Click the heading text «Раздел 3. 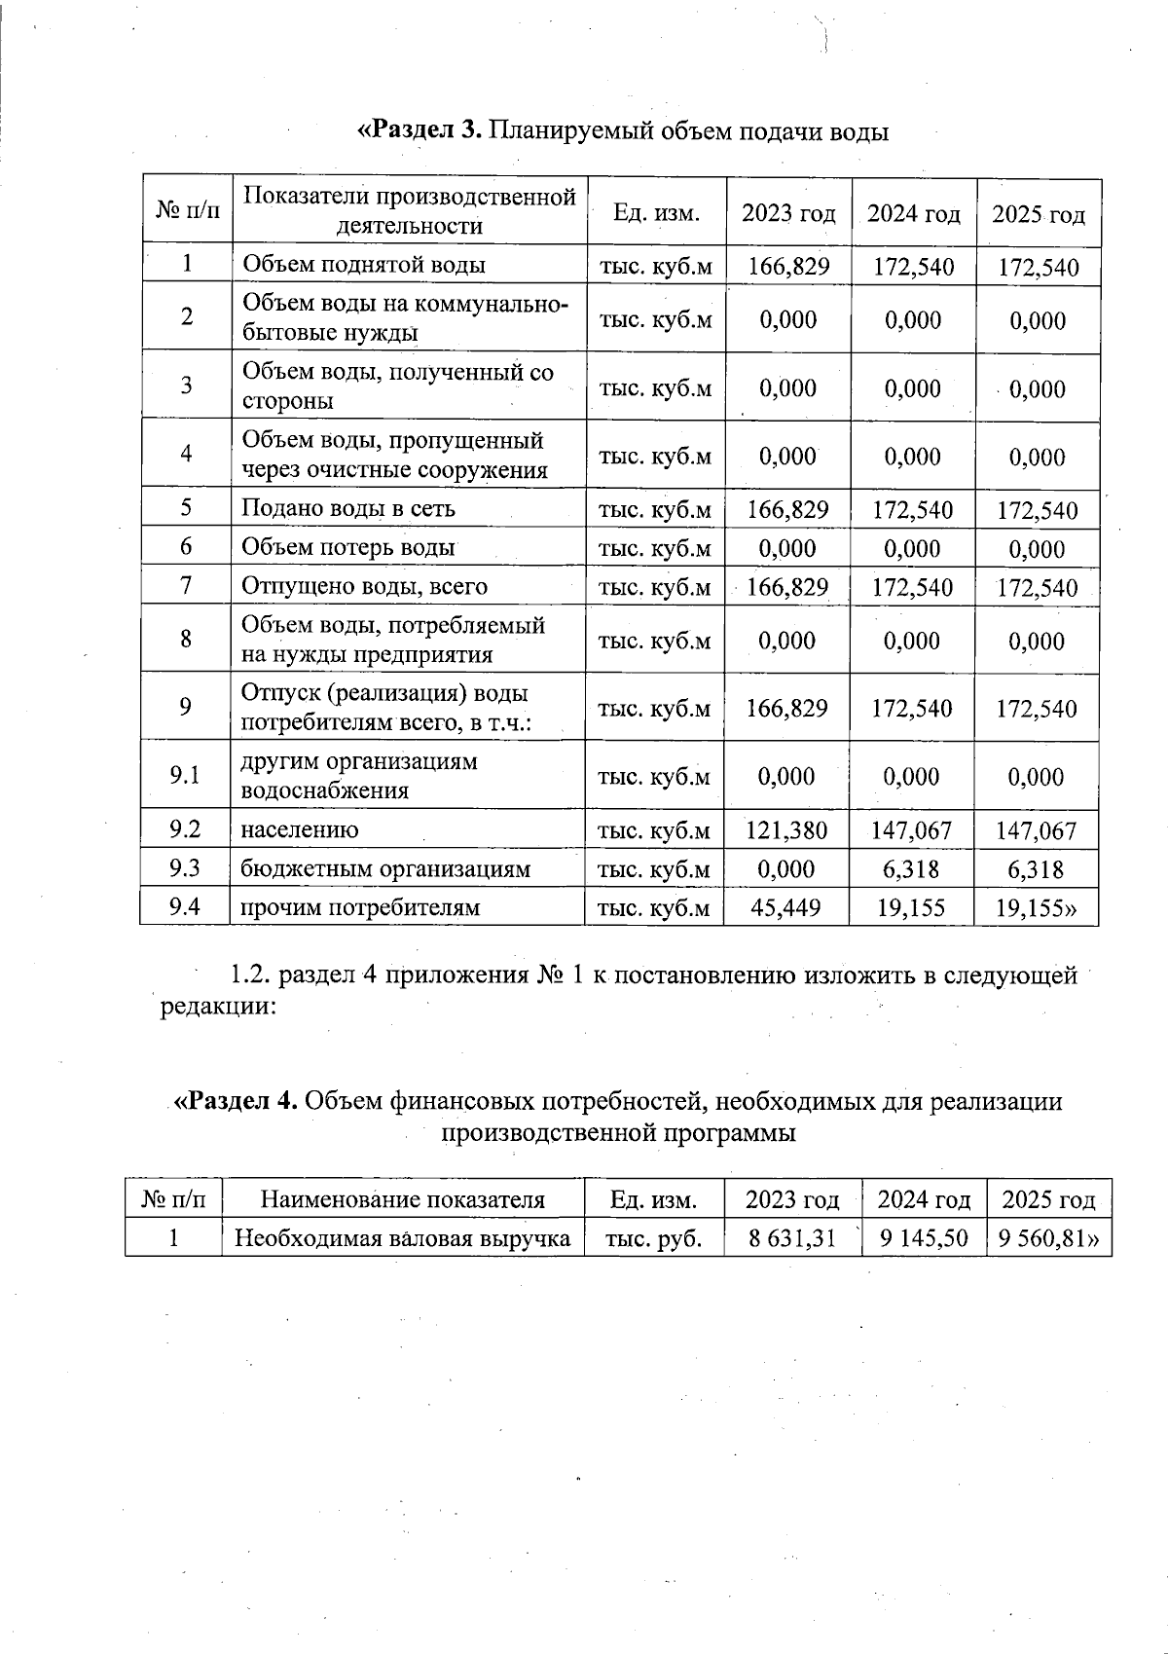(x=420, y=130)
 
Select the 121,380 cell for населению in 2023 (x=786, y=830)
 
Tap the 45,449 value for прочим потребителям (x=786, y=908)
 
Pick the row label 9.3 (x=184, y=867)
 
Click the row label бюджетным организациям (x=385, y=869)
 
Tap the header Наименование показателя (x=403, y=1199)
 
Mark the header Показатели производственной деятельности (x=409, y=211)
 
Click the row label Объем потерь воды (x=347, y=547)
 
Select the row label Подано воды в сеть (x=347, y=508)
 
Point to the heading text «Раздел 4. (x=235, y=1101)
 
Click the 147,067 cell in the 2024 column (x=912, y=830)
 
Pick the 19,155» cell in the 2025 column (x=1038, y=908)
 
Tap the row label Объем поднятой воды (x=363, y=265)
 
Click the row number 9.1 (x=184, y=775)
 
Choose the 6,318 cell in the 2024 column (x=912, y=869)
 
